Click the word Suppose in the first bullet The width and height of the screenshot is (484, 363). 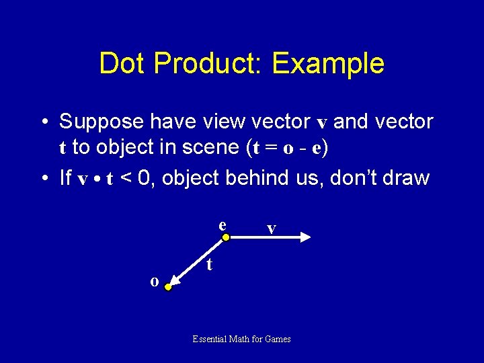coord(102,122)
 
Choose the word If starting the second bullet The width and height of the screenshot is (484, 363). coord(65,177)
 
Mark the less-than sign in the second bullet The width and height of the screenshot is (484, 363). coord(126,178)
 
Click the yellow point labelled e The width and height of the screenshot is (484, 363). coord(227,237)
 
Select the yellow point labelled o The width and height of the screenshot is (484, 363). coord(168,287)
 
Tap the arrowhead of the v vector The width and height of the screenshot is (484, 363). coord(305,237)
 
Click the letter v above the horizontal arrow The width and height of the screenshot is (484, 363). coord(271,229)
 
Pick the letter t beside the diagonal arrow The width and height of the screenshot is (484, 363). coord(210,264)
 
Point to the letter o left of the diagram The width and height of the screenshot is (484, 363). coord(154,282)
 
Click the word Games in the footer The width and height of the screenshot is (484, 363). coord(278,339)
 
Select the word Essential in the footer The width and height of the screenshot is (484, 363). coord(210,339)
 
